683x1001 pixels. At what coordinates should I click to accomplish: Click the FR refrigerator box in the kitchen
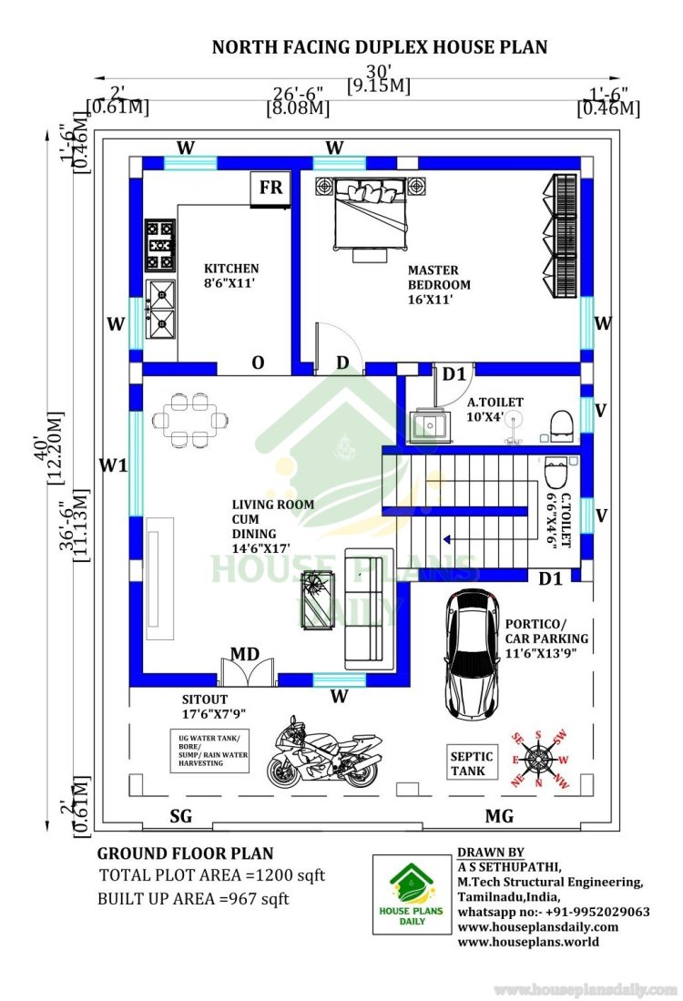(x=270, y=189)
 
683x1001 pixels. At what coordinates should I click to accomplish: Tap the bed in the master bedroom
(x=371, y=214)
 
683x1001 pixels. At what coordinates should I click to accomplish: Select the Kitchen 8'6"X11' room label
(x=231, y=276)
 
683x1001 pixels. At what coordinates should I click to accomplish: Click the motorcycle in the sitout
(x=323, y=752)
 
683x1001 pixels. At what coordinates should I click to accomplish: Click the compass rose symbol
(x=540, y=759)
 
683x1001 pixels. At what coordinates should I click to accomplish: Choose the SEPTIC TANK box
(x=472, y=763)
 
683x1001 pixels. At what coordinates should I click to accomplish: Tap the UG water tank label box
(x=209, y=751)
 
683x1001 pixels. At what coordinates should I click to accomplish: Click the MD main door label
(x=245, y=654)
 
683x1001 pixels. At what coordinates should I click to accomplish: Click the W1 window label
(x=113, y=465)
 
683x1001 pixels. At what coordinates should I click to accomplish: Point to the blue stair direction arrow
(x=447, y=539)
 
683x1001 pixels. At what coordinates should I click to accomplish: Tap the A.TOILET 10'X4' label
(x=494, y=409)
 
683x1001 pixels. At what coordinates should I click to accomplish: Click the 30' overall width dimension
(x=379, y=70)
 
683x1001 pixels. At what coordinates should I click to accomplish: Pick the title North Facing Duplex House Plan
(x=380, y=47)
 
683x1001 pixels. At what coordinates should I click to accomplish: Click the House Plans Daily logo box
(x=412, y=894)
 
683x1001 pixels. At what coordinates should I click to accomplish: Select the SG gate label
(x=180, y=816)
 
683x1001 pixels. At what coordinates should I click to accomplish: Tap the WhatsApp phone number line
(x=554, y=912)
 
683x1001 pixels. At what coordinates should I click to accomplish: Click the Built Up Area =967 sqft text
(x=193, y=899)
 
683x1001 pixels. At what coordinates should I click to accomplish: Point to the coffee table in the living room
(x=317, y=599)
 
